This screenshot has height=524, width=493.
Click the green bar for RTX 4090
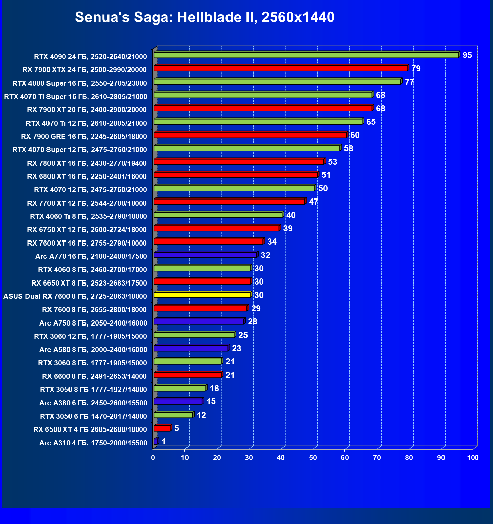[305, 55]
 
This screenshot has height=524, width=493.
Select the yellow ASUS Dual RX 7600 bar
[202, 295]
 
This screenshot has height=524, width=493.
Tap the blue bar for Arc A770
[205, 255]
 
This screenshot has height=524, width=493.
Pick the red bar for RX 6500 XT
[162, 428]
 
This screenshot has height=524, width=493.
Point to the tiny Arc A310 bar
[156, 441]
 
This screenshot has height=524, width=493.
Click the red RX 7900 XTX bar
[280, 68]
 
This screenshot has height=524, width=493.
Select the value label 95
[467, 55]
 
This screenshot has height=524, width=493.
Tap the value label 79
[416, 69]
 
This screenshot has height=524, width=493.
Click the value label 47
[313, 202]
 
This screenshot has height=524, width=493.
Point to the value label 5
[176, 428]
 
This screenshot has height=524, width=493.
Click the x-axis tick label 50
[313, 458]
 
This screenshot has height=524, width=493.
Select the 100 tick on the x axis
[473, 458]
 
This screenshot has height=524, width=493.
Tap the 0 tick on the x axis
[153, 458]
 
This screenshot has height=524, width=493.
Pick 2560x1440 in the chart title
[298, 17]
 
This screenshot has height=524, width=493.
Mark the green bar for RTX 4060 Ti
[218, 215]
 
